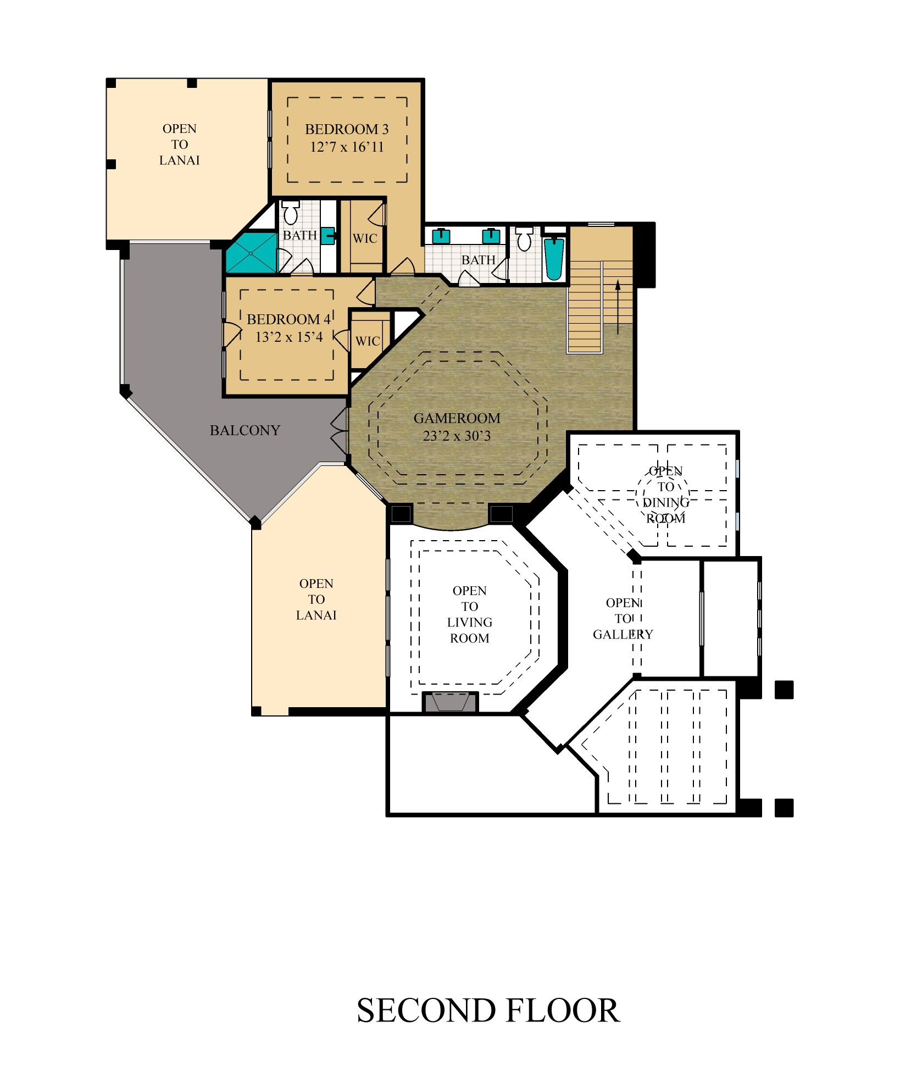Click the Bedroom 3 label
(x=347, y=129)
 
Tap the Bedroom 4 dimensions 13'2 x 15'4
(x=289, y=337)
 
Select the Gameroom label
(x=457, y=418)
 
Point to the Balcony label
(x=245, y=430)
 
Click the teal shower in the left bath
(x=252, y=253)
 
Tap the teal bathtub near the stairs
(x=554, y=259)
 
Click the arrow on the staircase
(x=618, y=307)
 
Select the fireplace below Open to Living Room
(x=450, y=702)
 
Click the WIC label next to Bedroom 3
(x=365, y=238)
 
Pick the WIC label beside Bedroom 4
(x=368, y=341)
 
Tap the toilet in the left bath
(x=291, y=212)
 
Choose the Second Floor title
(x=488, y=1010)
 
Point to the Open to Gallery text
(x=623, y=619)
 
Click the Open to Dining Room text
(x=666, y=495)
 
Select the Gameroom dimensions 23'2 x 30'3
(x=457, y=436)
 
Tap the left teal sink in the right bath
(x=441, y=236)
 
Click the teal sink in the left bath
(x=328, y=236)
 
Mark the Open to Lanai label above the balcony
(x=180, y=145)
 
